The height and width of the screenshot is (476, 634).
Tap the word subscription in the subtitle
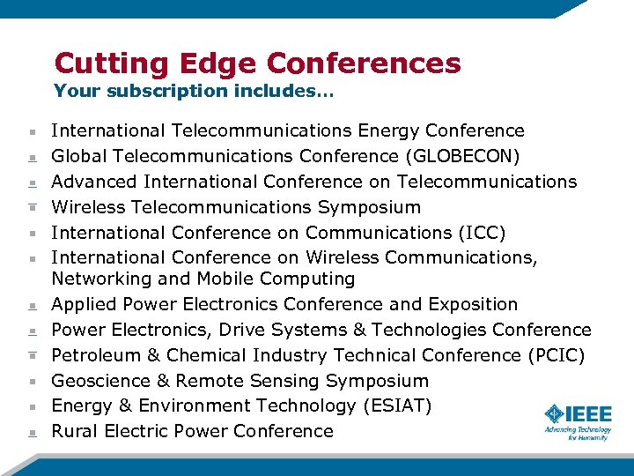tap(152, 91)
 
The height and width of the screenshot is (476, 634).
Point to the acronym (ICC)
tap(481, 233)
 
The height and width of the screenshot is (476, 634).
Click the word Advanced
tap(94, 182)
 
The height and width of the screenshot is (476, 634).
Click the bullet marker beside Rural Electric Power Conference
tap(31, 432)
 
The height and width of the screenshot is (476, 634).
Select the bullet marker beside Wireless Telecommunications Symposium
tap(31, 208)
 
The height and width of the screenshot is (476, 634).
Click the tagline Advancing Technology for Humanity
tap(578, 433)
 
